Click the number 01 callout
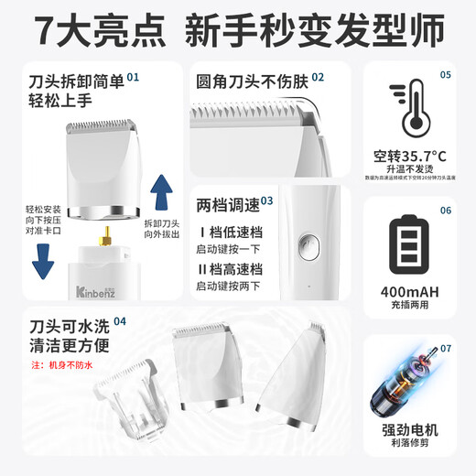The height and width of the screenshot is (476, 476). pos(134,79)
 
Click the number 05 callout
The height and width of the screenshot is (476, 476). pos(445,74)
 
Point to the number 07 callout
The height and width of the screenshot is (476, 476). pos(445,349)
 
